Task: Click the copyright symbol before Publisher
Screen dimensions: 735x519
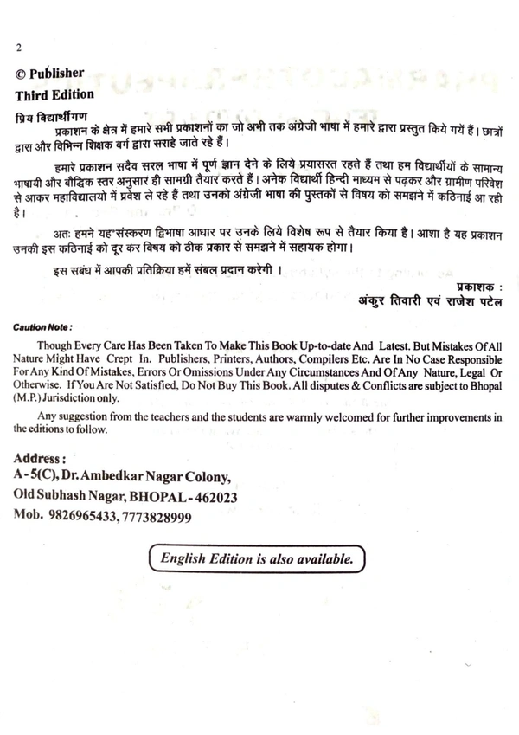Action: pos(22,74)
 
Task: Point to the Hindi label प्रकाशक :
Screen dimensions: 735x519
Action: pos(476,286)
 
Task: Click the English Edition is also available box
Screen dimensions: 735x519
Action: pos(257,559)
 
